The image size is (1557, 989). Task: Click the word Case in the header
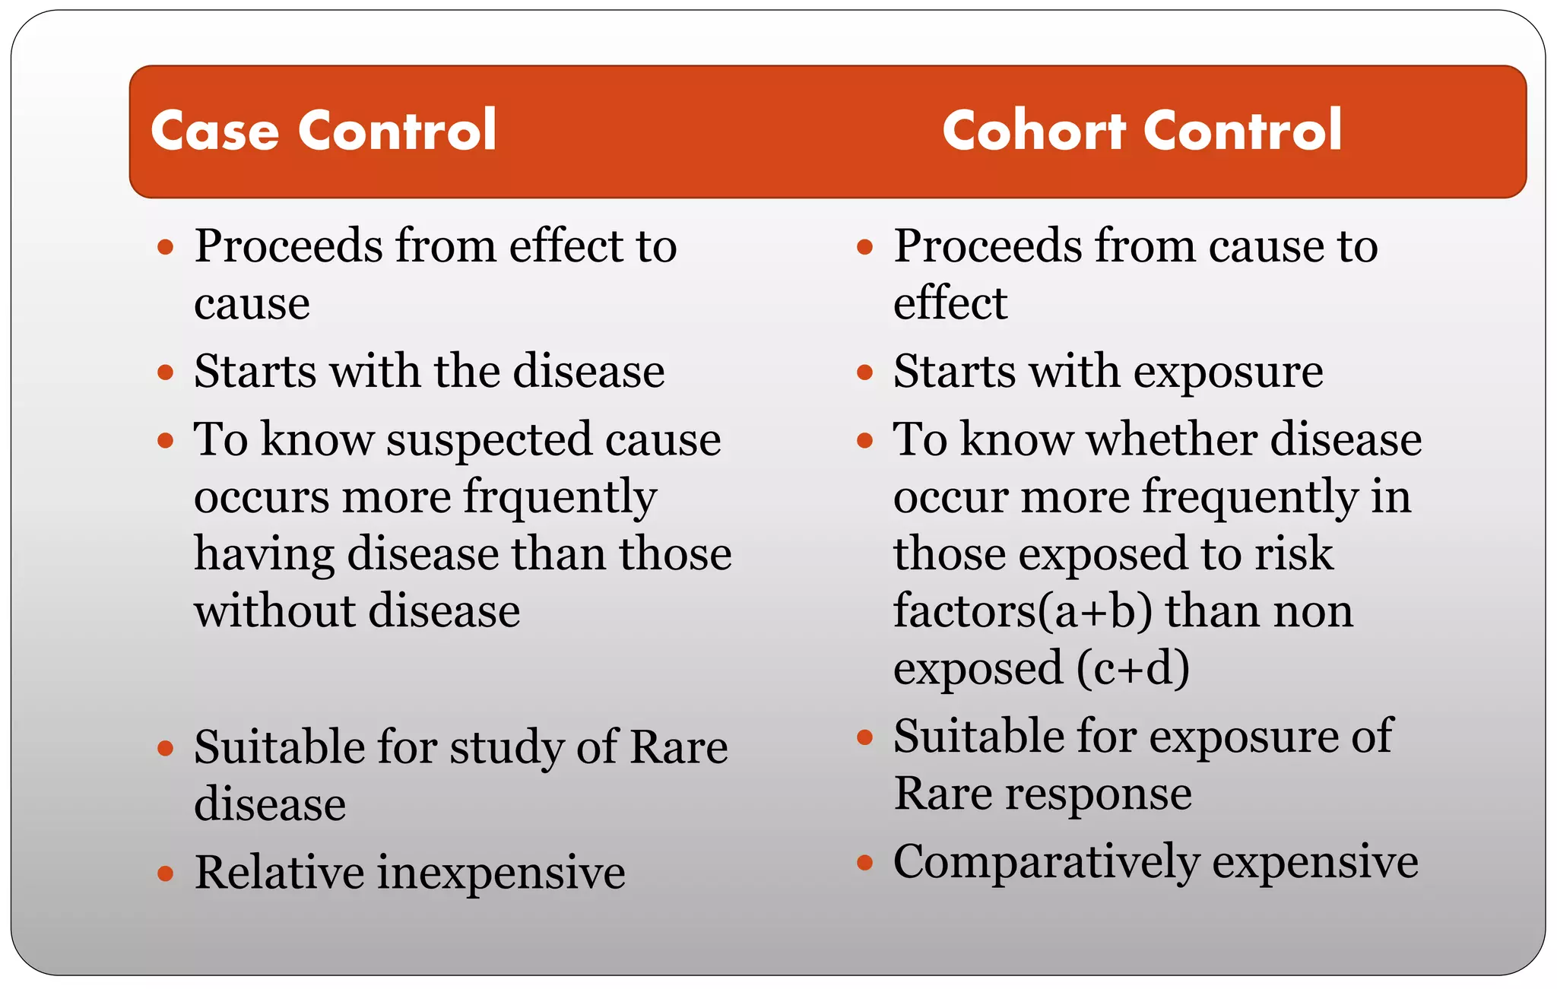point(215,131)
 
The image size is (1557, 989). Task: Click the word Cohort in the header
point(1033,131)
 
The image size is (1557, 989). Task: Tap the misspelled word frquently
point(560,498)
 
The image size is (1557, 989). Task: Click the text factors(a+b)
point(1023,611)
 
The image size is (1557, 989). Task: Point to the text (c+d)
point(1133,668)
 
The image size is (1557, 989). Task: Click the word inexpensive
point(501,872)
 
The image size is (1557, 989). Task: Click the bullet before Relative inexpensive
point(166,873)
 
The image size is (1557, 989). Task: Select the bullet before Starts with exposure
point(864,372)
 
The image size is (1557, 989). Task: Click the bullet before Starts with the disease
point(166,372)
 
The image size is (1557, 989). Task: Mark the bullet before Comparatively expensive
point(864,862)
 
